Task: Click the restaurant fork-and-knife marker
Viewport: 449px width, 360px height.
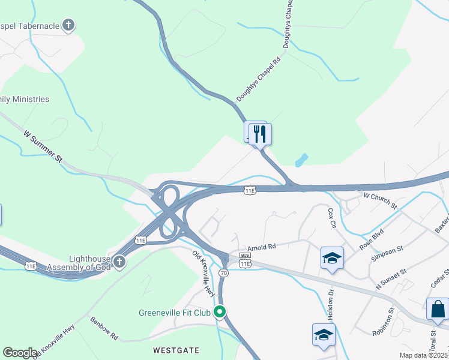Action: [260, 133]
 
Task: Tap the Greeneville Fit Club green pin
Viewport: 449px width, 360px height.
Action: [220, 311]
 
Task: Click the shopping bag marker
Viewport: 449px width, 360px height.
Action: [438, 309]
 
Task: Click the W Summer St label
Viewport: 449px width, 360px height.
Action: [43, 148]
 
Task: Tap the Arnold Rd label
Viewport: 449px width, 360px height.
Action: [261, 247]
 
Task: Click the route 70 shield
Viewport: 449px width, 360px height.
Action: [224, 272]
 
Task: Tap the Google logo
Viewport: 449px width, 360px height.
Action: [20, 353]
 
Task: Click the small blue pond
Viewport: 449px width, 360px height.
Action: [301, 160]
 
